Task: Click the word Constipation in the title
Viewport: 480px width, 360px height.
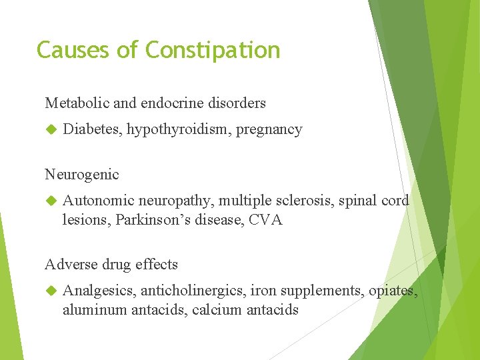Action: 213,51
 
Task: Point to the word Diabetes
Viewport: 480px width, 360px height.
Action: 91,129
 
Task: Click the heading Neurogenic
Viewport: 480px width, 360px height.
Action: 82,175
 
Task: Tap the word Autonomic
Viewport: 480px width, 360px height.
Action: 97,201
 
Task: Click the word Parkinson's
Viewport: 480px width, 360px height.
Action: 152,220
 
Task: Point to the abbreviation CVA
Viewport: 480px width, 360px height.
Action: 267,220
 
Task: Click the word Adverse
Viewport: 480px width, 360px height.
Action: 69,264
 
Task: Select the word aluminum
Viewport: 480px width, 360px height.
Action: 95,310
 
